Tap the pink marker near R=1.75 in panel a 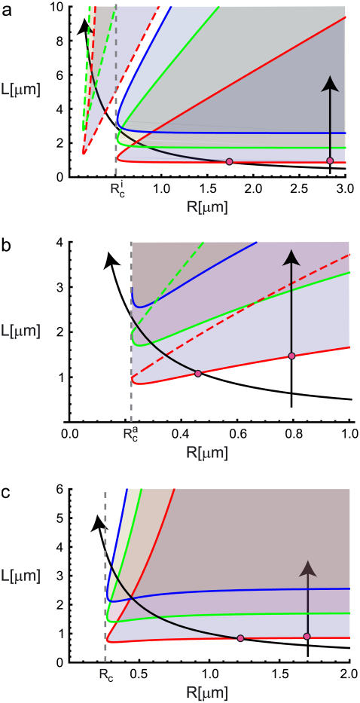(x=230, y=162)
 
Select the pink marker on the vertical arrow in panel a (x=330, y=160)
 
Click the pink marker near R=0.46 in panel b (x=198, y=374)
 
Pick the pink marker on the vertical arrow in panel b (x=291, y=356)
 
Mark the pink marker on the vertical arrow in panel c (x=307, y=637)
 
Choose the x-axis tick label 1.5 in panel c (x=279, y=673)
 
